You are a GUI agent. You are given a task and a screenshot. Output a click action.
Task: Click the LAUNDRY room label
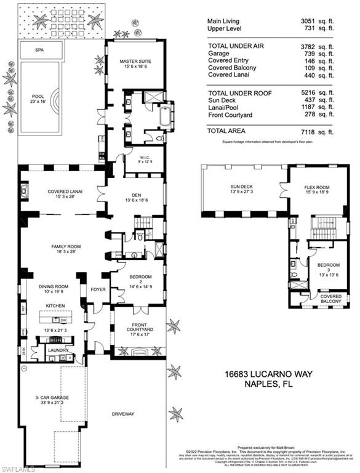click(51, 349)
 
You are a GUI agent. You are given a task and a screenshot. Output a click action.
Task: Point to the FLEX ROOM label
click(318, 190)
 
